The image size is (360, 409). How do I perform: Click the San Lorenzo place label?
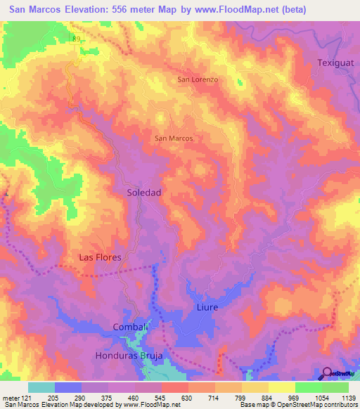(198, 79)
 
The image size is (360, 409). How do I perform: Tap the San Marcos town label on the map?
(174, 138)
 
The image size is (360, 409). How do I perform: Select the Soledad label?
(145, 192)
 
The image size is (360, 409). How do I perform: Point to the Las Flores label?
(100, 257)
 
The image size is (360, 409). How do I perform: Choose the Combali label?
(130, 327)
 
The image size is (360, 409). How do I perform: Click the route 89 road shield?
(75, 40)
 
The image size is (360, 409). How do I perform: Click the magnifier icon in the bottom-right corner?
(328, 374)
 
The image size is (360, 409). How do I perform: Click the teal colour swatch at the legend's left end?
(41, 387)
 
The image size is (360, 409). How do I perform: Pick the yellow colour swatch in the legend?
(282, 387)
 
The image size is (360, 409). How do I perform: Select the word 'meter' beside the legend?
(10, 397)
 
